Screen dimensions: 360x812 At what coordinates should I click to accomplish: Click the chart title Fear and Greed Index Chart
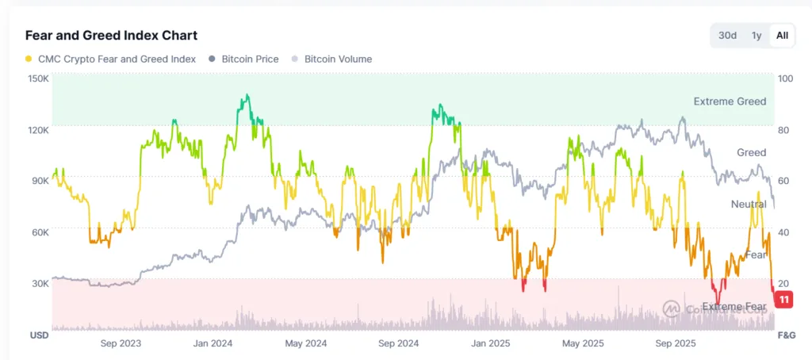(111, 36)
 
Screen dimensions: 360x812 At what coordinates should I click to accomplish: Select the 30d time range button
(727, 36)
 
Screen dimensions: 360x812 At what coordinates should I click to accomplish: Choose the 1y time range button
(756, 36)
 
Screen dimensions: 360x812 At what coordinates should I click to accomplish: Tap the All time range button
(782, 36)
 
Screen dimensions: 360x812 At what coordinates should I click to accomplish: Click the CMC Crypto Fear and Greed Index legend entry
(110, 59)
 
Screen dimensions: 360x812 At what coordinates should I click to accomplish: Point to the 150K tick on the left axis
(39, 79)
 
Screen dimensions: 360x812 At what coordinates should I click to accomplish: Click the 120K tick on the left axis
(39, 130)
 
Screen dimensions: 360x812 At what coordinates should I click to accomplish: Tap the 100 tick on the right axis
(787, 79)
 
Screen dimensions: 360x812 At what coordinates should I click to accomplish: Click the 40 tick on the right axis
(785, 232)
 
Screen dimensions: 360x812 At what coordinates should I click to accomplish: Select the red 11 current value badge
(784, 300)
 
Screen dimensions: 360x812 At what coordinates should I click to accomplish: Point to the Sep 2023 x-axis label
(121, 343)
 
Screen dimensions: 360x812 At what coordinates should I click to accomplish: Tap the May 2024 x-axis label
(305, 343)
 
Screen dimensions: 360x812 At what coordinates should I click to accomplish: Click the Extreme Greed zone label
(730, 101)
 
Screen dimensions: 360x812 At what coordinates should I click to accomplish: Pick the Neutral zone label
(748, 205)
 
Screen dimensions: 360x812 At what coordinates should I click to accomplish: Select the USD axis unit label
(40, 335)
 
